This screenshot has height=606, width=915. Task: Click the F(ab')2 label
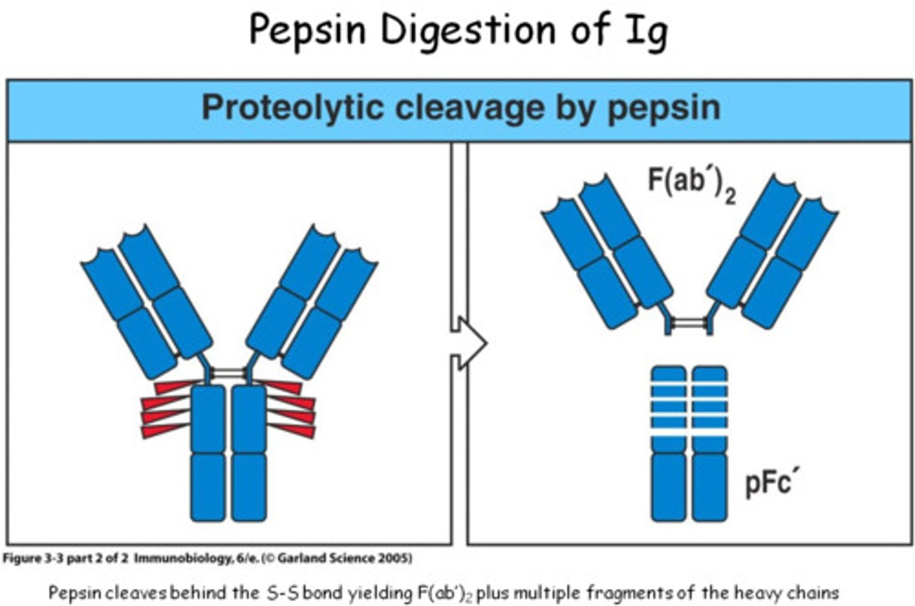[x=691, y=182]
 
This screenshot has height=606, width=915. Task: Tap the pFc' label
[x=771, y=482]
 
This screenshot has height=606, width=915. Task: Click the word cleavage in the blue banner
[x=470, y=108]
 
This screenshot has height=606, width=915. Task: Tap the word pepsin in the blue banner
[x=664, y=108]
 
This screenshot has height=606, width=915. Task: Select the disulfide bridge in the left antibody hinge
[x=229, y=373]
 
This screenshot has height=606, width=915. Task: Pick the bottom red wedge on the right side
[x=294, y=430]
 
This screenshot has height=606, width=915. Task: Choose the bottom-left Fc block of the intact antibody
[x=208, y=486]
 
